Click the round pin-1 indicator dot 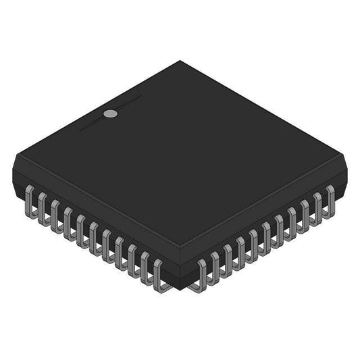coord(110,113)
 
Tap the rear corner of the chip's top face coord(180,61)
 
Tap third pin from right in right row coord(305,210)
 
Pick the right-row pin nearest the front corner coord(201,270)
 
